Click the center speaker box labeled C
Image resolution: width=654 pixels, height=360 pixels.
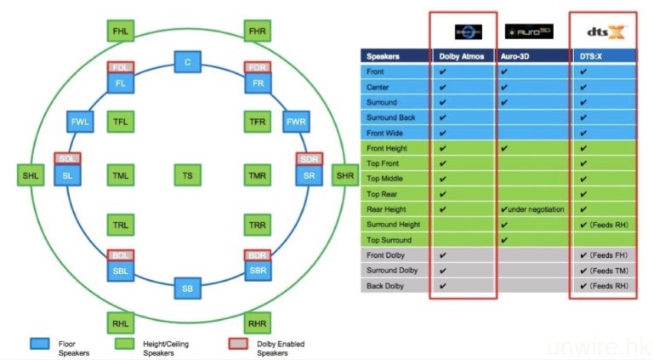pyautogui.click(x=187, y=62)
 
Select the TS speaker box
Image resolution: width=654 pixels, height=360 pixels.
pyautogui.click(x=187, y=176)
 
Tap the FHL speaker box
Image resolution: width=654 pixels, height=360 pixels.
pyautogui.click(x=121, y=31)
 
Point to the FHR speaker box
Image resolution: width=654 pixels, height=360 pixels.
pyautogui.click(x=257, y=31)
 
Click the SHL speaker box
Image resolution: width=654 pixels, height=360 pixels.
pyautogui.click(x=31, y=176)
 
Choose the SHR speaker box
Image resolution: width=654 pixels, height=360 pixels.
pyautogui.click(x=344, y=176)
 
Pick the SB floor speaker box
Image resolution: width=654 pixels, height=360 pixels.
pyautogui.click(x=187, y=289)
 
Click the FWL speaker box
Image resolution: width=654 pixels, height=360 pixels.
pyautogui.click(x=80, y=122)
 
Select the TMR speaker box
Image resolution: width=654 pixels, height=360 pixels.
pyautogui.click(x=257, y=176)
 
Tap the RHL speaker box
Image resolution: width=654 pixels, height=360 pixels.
pyautogui.click(x=121, y=322)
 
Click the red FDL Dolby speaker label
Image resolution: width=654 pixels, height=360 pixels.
pyautogui.click(x=121, y=66)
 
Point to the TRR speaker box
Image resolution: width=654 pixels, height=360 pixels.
pyautogui.click(x=257, y=226)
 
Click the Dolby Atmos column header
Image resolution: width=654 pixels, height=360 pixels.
pyautogui.click(x=463, y=56)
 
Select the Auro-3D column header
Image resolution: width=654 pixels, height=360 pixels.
pyautogui.click(x=528, y=56)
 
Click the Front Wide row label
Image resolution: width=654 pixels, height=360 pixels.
pyautogui.click(x=391, y=133)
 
